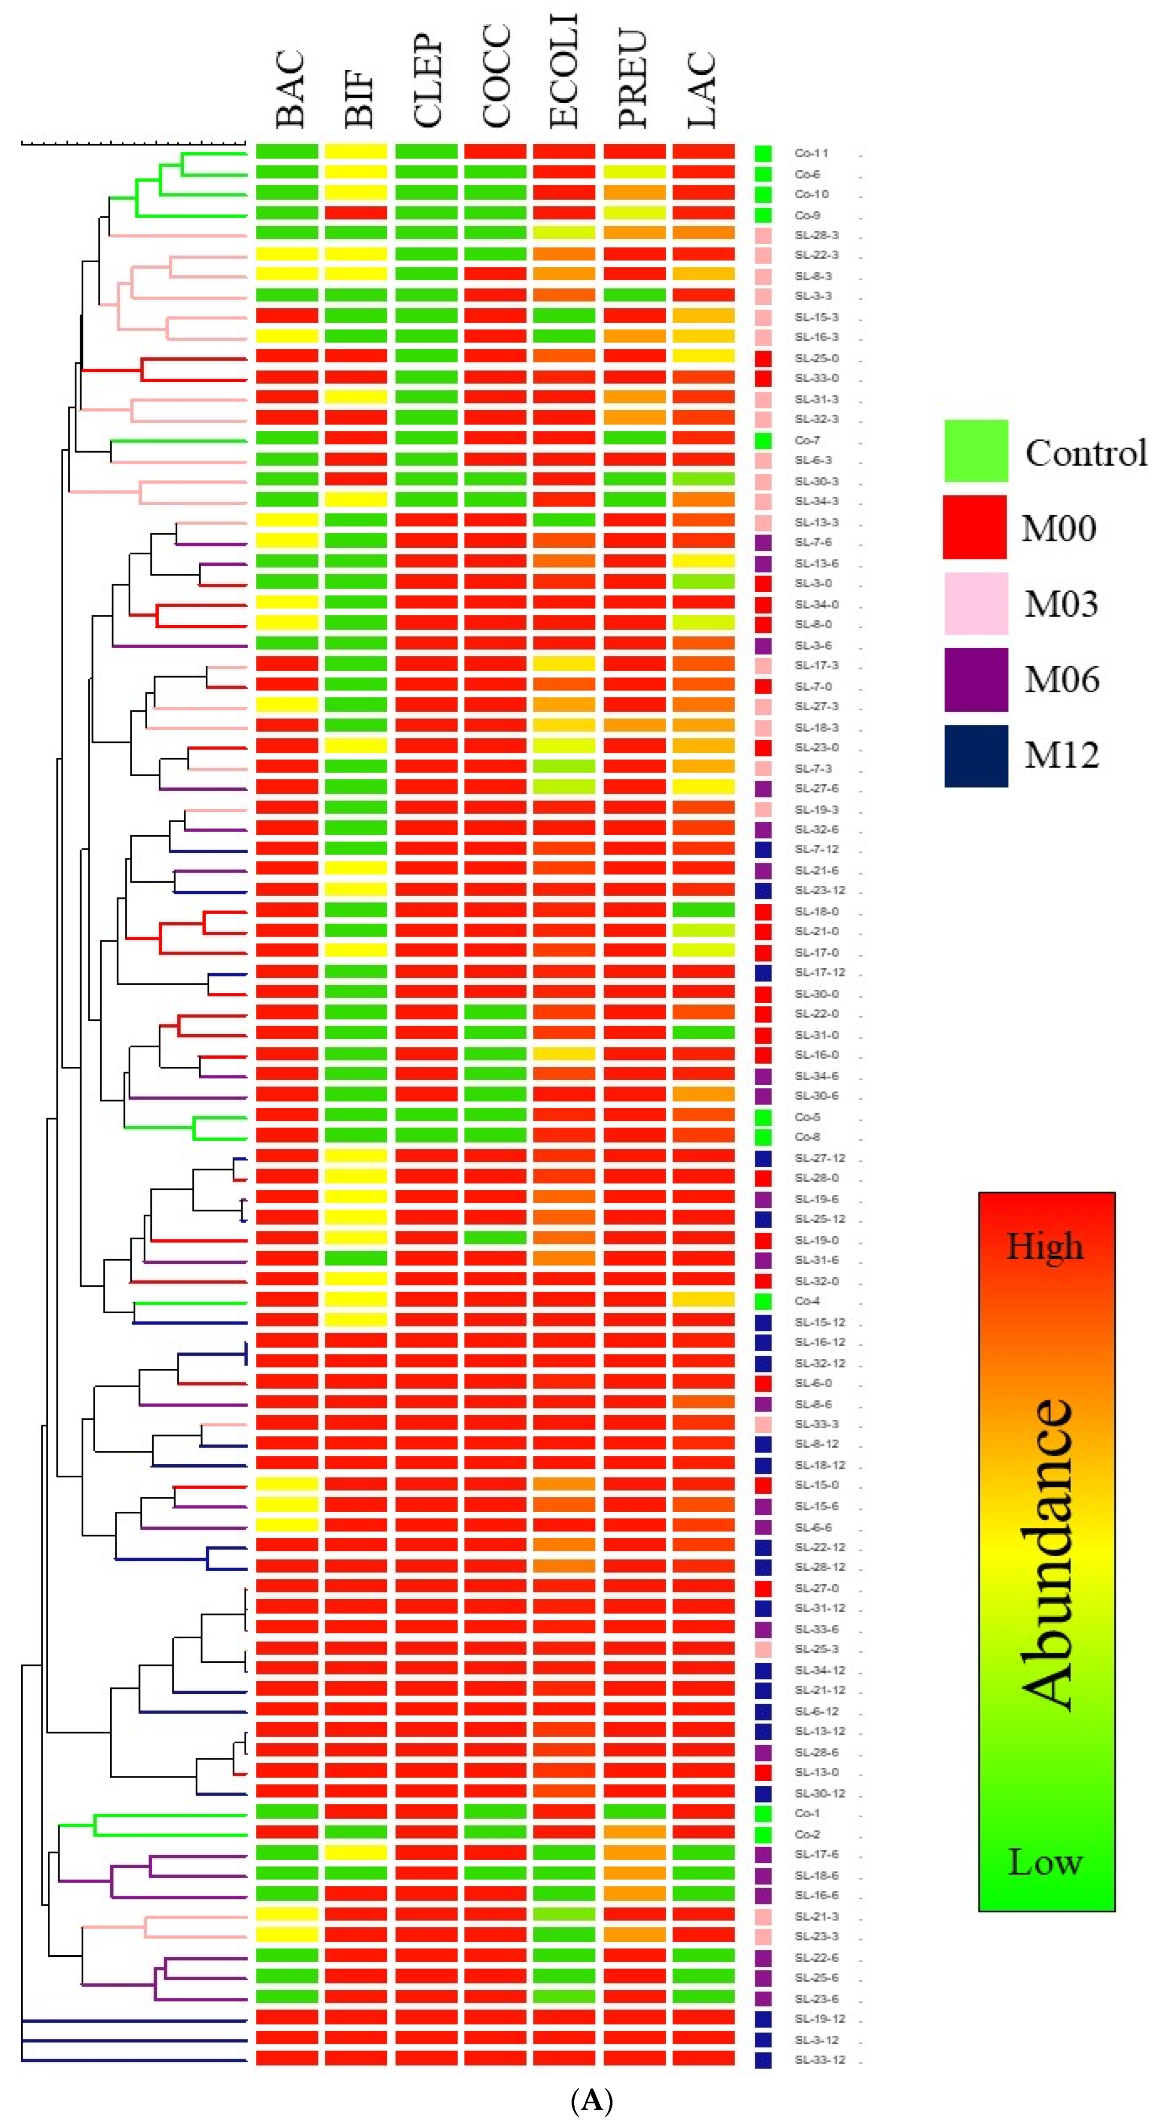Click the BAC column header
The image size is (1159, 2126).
290,89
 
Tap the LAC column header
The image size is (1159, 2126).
703,89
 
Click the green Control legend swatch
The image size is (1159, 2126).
976,451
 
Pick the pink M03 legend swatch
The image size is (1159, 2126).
976,603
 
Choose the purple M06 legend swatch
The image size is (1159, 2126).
976,679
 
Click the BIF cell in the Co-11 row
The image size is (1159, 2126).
356,152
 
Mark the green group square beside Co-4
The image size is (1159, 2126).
763,1301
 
